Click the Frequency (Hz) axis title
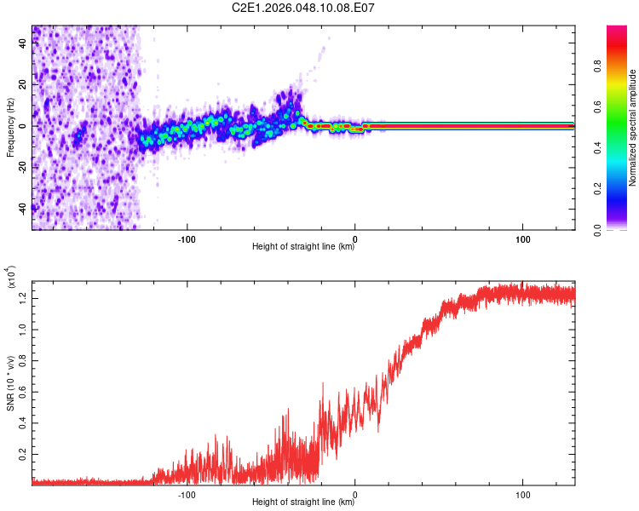tap(10, 128)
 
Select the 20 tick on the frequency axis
tap(23, 84)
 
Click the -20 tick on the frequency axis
tap(23, 167)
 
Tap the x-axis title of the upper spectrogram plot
tap(303, 246)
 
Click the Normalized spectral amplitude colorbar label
tap(633, 128)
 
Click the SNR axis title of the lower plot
tap(10, 383)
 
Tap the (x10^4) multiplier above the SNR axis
tap(11, 277)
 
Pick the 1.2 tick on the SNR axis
tap(23, 296)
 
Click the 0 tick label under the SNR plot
tap(355, 493)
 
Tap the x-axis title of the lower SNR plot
tap(303, 502)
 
